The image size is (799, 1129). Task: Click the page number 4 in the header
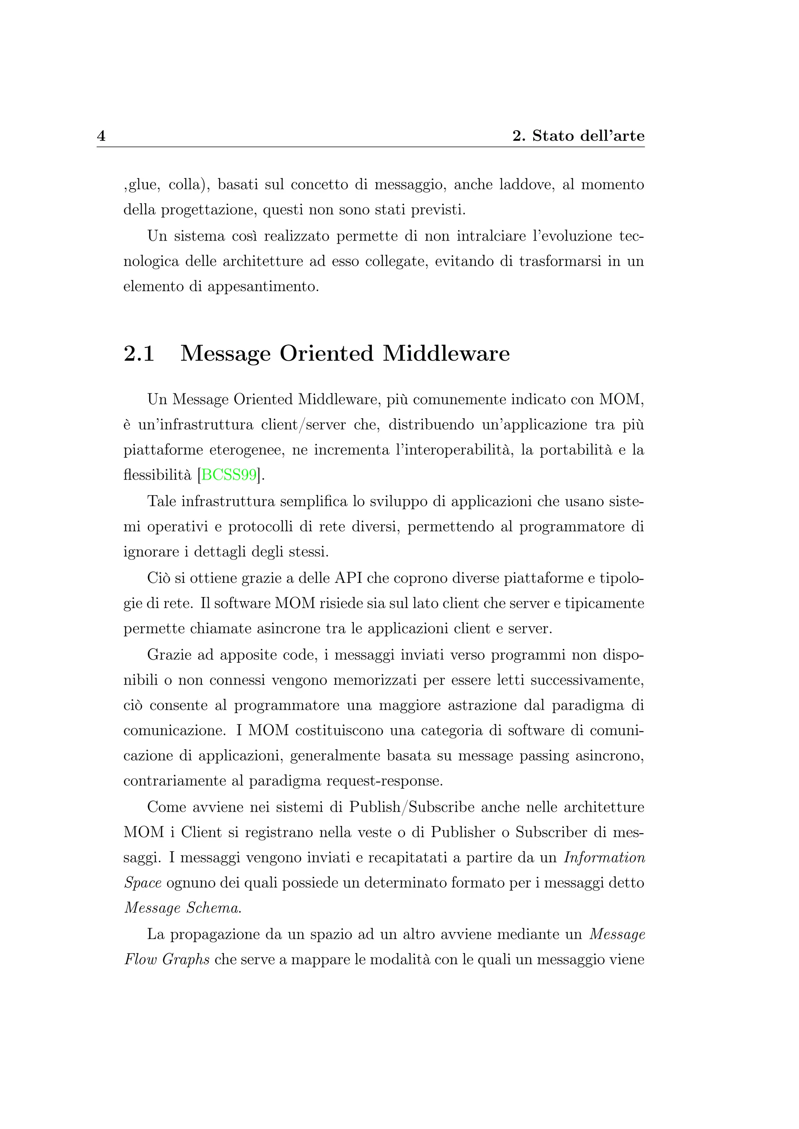click(x=101, y=136)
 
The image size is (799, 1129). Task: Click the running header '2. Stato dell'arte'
click(x=578, y=136)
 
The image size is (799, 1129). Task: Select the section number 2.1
click(x=139, y=354)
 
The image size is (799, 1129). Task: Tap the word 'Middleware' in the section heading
click(x=446, y=354)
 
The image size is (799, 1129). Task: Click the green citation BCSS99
click(x=229, y=475)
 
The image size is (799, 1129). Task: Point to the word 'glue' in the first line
click(x=144, y=186)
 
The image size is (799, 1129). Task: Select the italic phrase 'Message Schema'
click(x=182, y=908)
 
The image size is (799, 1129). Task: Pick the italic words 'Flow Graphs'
click(x=167, y=959)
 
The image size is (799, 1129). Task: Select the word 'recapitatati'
click(x=410, y=858)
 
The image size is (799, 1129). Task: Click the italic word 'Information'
click(x=604, y=858)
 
